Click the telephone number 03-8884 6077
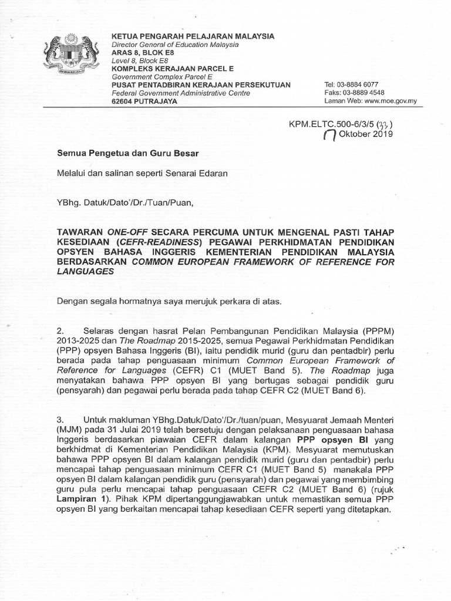tap(364, 85)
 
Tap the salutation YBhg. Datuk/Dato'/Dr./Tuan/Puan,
tap(124, 202)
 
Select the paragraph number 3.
tap(59, 420)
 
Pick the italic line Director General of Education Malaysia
tap(175, 45)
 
